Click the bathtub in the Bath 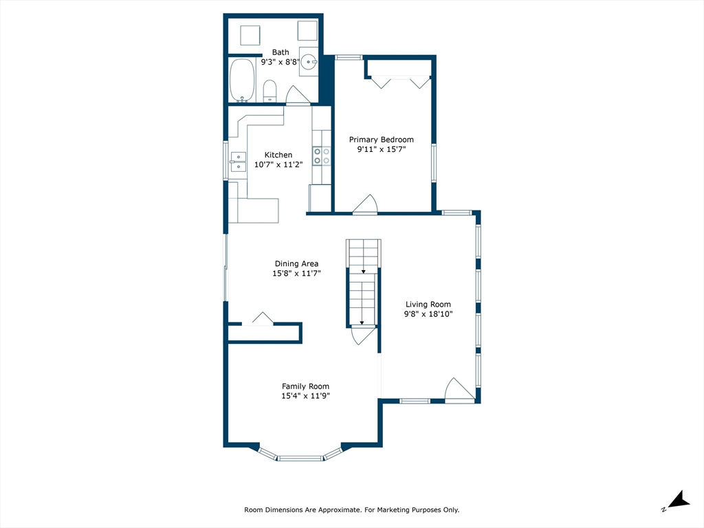(x=243, y=81)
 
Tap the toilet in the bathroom (x=269, y=91)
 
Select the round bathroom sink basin (x=309, y=62)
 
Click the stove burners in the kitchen (x=322, y=156)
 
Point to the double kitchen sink (x=238, y=162)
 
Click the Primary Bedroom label (x=381, y=140)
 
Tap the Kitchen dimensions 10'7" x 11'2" (x=278, y=165)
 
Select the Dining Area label (x=296, y=263)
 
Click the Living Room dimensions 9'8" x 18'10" (x=428, y=314)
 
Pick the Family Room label (x=305, y=386)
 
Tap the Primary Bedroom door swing (x=366, y=203)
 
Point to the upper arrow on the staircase (x=363, y=271)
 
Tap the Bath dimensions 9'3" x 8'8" (x=280, y=63)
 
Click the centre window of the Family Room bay (x=300, y=459)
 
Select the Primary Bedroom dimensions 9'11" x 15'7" (x=382, y=149)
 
